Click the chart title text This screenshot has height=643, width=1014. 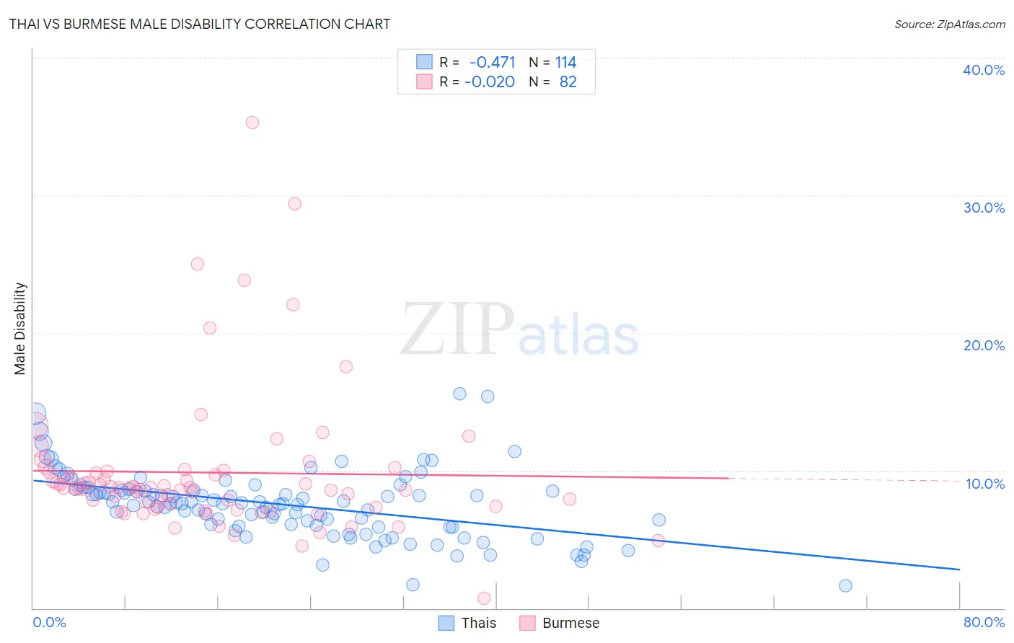click(200, 24)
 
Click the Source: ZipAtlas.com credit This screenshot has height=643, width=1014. click(949, 24)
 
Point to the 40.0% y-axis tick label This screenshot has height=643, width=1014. click(984, 70)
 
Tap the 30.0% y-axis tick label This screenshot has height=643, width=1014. click(984, 208)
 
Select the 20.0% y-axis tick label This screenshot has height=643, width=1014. click(984, 345)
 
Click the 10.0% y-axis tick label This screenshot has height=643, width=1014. click(985, 484)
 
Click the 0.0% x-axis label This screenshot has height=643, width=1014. click(49, 622)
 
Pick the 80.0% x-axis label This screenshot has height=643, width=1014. click(984, 622)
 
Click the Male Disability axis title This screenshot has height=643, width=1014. click(20, 329)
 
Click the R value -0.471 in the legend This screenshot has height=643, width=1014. click(492, 63)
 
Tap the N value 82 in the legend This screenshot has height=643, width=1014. click(568, 82)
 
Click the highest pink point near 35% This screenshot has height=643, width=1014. click(252, 123)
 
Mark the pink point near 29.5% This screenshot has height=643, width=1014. click(294, 203)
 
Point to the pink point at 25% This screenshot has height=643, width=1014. click(198, 264)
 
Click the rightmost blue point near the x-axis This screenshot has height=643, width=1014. click(845, 585)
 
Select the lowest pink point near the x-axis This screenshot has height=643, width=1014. click(484, 598)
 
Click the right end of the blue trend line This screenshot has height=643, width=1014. click(959, 569)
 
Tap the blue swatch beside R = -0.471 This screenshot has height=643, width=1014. click(424, 62)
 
